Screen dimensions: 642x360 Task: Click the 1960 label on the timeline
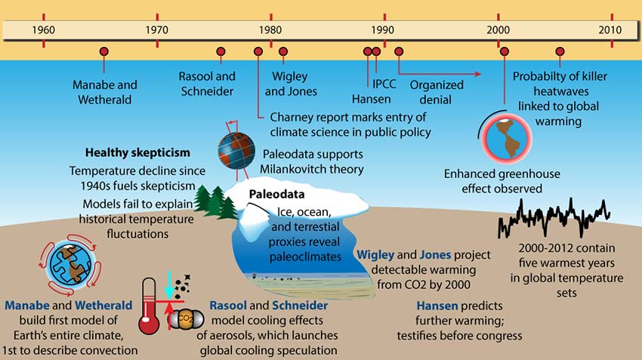click(43, 30)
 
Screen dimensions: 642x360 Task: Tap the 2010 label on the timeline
click(610, 30)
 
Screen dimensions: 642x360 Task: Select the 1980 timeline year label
click(270, 30)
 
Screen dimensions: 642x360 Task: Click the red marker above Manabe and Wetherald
click(104, 51)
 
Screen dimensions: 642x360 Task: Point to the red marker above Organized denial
click(399, 51)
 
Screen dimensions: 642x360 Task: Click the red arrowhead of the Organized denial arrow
click(478, 74)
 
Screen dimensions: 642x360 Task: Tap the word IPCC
click(384, 84)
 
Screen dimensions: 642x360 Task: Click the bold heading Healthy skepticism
click(137, 152)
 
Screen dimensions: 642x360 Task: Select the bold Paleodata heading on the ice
click(276, 194)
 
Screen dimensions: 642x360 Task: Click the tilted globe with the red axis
click(236, 151)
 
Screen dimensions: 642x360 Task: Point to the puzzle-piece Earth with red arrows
click(70, 264)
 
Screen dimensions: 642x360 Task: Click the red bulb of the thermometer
click(149, 324)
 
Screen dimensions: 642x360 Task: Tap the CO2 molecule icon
click(187, 318)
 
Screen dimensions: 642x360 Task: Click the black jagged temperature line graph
click(554, 218)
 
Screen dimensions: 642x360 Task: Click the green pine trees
click(215, 202)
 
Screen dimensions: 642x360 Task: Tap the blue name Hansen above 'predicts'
click(437, 306)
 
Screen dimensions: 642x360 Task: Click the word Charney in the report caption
click(291, 118)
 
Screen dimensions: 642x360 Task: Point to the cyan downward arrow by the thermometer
click(168, 285)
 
